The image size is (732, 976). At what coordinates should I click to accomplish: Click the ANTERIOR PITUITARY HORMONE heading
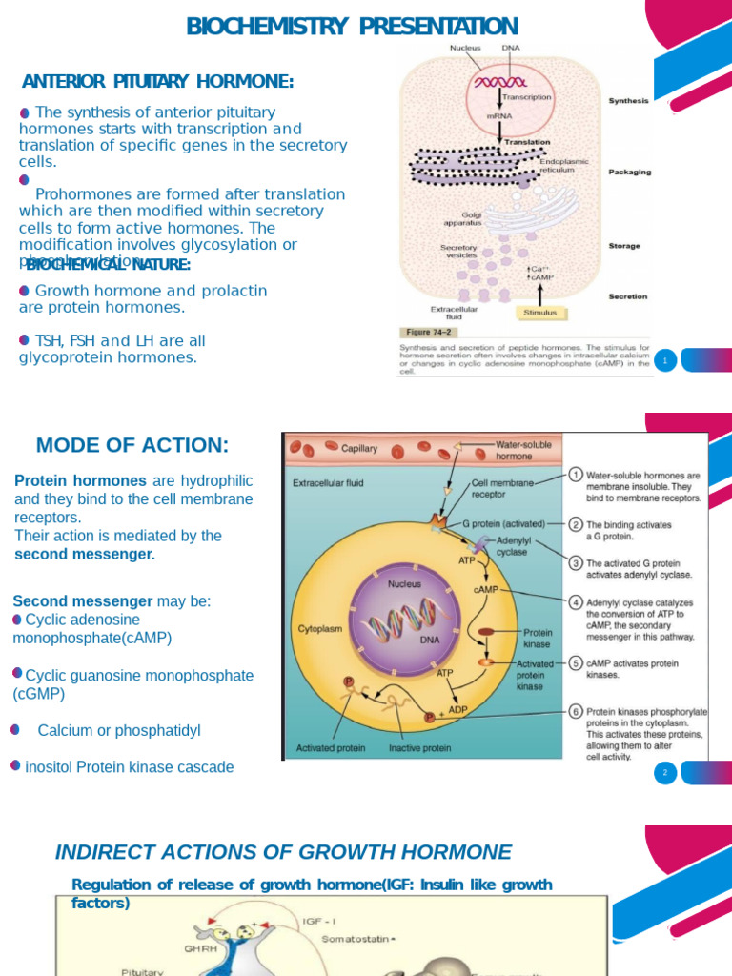click(157, 82)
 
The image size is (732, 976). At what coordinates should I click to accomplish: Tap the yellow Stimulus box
click(540, 312)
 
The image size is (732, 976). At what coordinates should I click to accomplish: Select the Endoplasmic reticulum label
click(564, 166)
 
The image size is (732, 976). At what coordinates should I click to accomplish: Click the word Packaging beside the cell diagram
click(630, 173)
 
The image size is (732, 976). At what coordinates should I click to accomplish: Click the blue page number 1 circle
click(664, 360)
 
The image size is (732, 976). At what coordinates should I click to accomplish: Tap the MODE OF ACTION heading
click(132, 445)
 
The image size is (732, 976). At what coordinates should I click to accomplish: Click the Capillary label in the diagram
click(358, 448)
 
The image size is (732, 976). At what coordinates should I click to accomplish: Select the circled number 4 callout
click(576, 602)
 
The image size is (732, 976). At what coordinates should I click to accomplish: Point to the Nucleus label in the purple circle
click(404, 582)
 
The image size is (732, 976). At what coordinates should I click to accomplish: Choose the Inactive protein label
click(419, 748)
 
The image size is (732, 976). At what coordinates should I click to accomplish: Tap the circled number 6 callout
click(576, 710)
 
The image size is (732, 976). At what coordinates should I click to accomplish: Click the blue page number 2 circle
click(664, 773)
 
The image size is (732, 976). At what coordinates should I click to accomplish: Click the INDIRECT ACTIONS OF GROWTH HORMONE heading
click(283, 852)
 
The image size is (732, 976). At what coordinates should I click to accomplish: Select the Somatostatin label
click(357, 939)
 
